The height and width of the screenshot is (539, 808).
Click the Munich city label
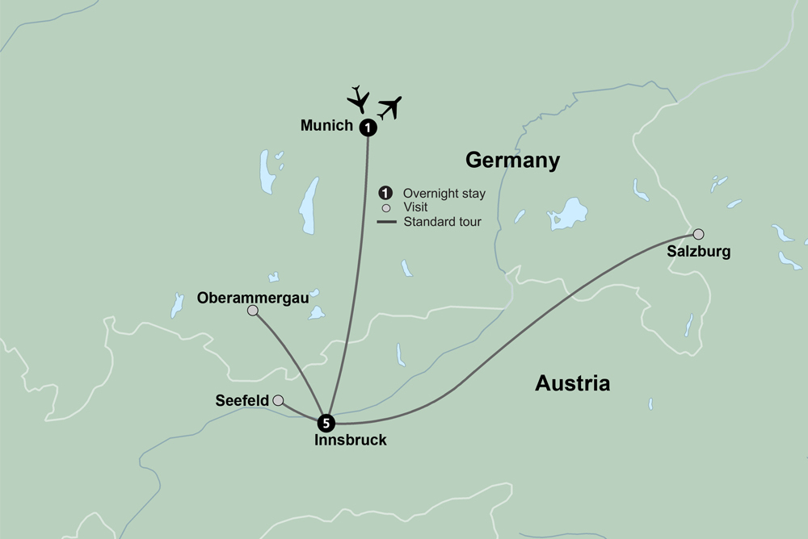[x=326, y=126]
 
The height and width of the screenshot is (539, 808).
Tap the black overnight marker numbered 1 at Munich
[x=368, y=127]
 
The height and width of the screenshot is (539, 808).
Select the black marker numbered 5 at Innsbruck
[x=326, y=422]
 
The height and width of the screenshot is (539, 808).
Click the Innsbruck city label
[x=351, y=441]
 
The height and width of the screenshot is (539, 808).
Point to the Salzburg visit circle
[x=698, y=234]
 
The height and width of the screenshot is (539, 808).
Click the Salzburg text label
[x=698, y=252]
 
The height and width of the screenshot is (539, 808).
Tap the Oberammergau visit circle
[x=253, y=311]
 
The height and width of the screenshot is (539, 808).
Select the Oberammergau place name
[x=253, y=298]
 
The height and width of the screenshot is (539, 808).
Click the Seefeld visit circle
[x=278, y=400]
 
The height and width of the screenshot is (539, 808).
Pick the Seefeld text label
[x=242, y=400]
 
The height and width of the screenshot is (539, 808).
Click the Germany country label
[x=512, y=161]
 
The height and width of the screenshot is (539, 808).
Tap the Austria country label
[x=572, y=383]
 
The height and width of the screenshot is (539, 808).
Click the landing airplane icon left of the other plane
[x=358, y=98]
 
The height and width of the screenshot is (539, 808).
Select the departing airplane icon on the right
[x=390, y=107]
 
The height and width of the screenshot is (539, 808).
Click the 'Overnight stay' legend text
[x=444, y=193]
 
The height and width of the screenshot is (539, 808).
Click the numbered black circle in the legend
[x=386, y=193]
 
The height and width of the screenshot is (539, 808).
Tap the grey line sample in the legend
[x=387, y=221]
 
